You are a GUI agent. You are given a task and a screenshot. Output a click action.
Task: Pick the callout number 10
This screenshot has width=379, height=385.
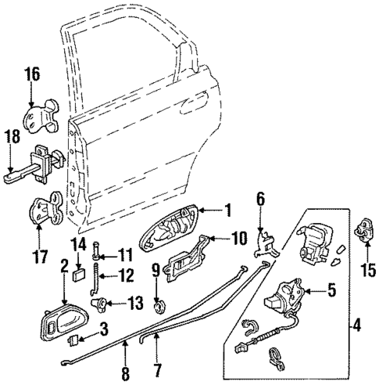[x=239, y=239]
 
